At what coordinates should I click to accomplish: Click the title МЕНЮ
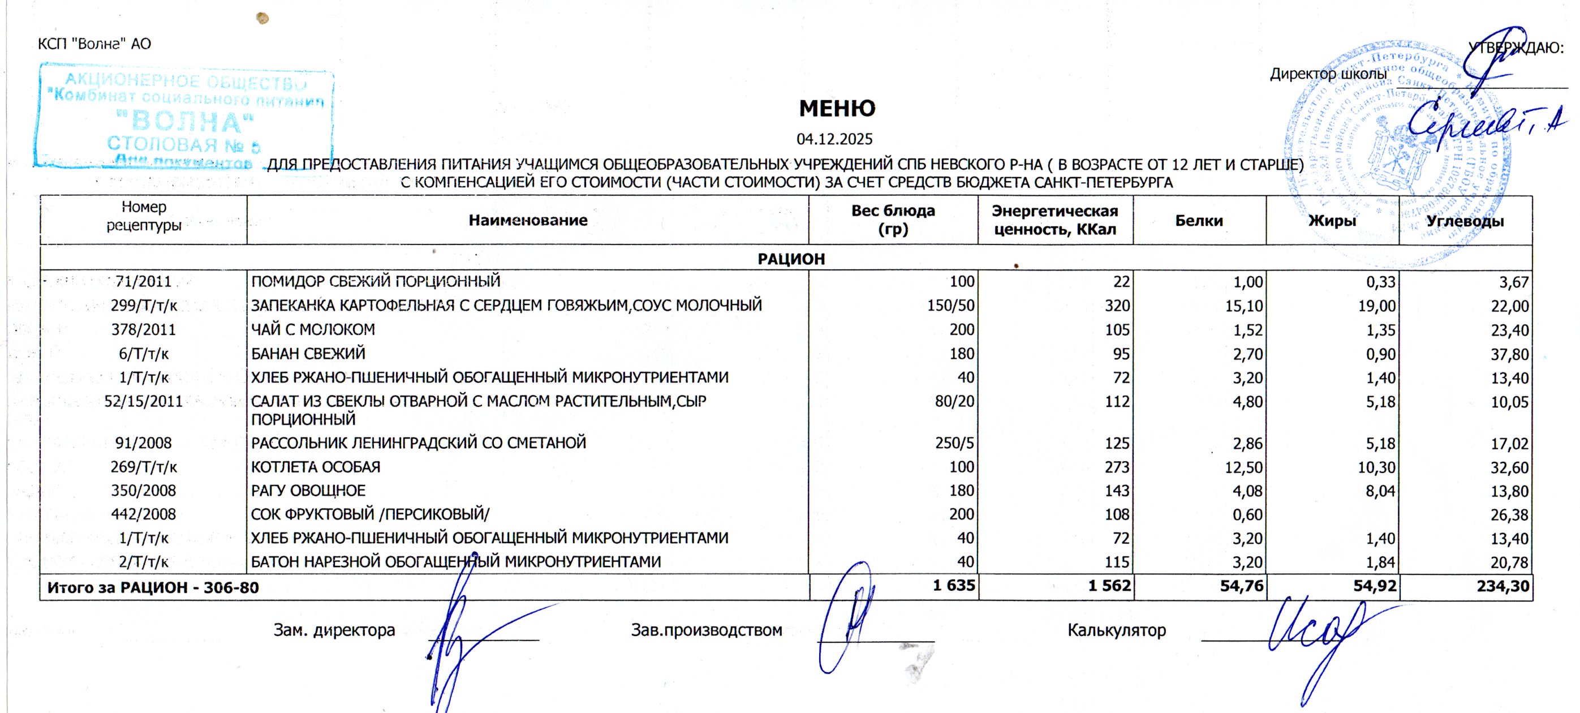[x=837, y=109]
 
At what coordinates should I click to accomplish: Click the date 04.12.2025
[x=834, y=139]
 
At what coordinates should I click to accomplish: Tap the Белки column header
[x=1199, y=221]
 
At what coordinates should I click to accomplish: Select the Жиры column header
[x=1332, y=221]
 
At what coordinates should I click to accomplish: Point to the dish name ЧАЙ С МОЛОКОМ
[x=313, y=329]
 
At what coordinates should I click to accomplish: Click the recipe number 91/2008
[x=144, y=443]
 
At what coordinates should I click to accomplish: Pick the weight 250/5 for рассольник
[x=954, y=443]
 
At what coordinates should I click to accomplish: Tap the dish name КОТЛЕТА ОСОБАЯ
[x=315, y=467]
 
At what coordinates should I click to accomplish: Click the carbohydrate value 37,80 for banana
[x=1509, y=354]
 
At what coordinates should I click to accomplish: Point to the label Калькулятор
[x=1116, y=630]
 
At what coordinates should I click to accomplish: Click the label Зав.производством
[x=707, y=630]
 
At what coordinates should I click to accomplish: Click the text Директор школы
[x=1328, y=74]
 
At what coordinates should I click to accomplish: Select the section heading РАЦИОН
[x=791, y=259]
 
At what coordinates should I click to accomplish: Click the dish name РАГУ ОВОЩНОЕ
[x=308, y=491]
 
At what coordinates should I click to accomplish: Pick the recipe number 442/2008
[x=144, y=514]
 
